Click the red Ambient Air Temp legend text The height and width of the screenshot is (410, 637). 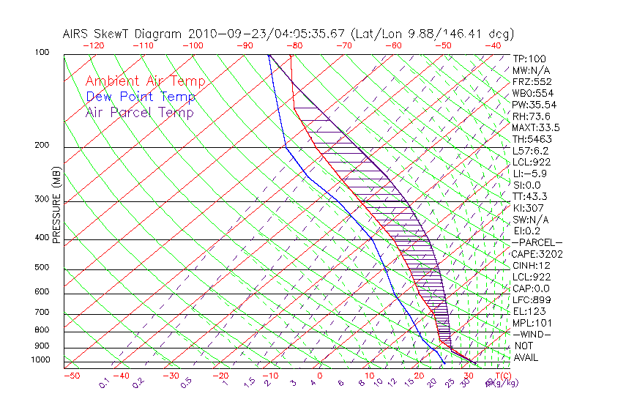click(145, 81)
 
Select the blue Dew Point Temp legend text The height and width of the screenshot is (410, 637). click(140, 97)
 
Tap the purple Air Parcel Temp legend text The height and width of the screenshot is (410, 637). click(139, 112)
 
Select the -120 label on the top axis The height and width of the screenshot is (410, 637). click(93, 45)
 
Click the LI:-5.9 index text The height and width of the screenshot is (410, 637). click(529, 174)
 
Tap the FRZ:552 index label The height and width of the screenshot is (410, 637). click(531, 81)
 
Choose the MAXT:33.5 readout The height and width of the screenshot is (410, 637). click(535, 127)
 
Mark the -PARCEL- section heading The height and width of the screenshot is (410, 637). click(537, 242)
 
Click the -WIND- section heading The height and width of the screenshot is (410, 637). click(531, 335)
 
